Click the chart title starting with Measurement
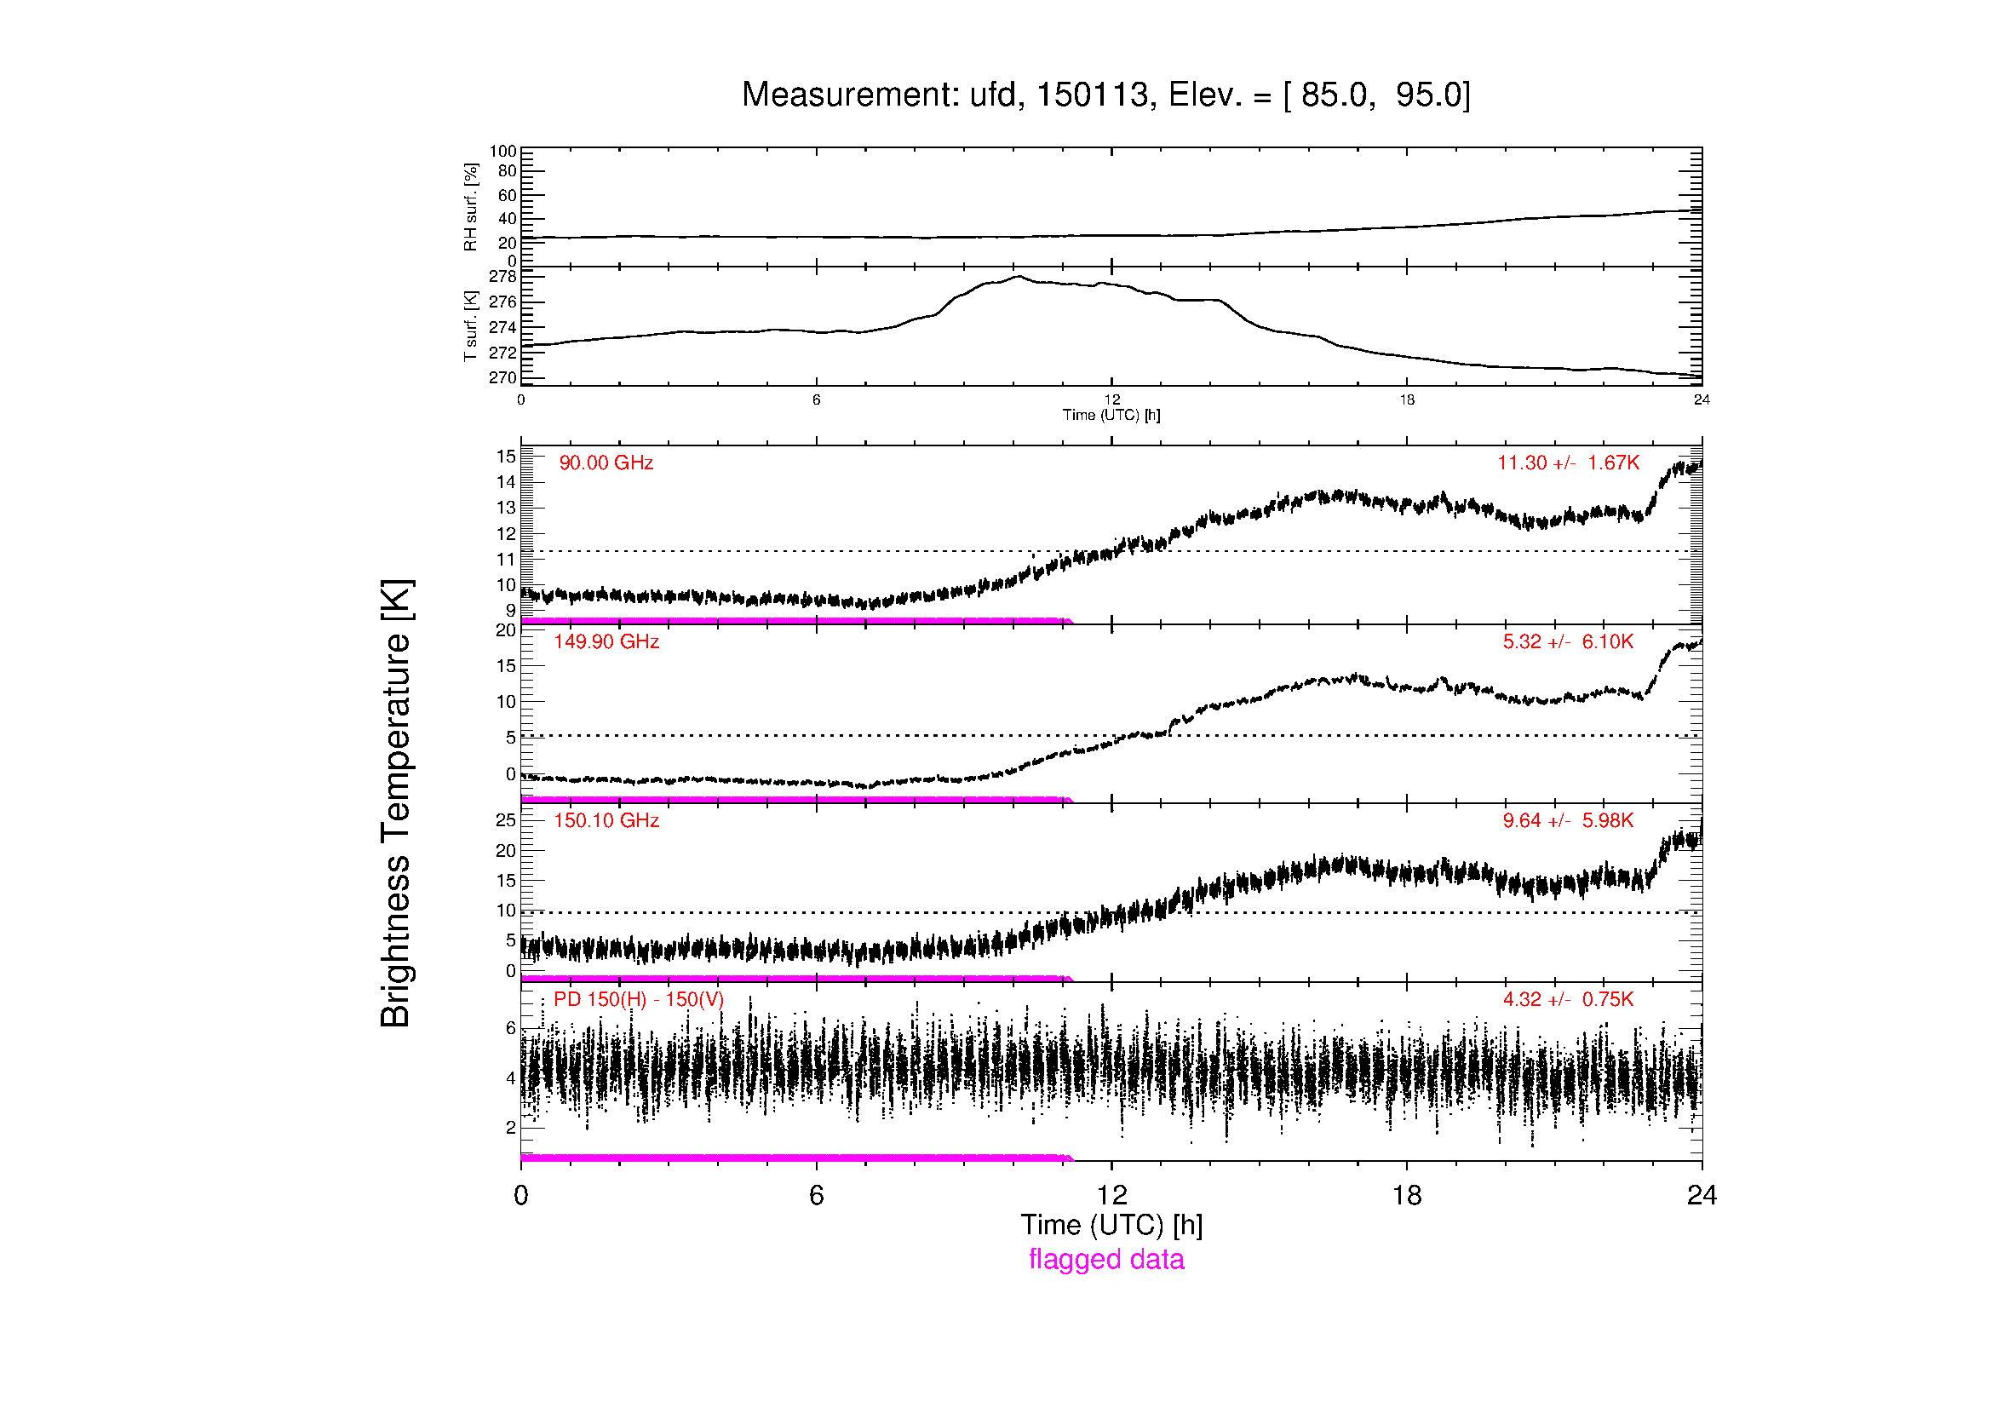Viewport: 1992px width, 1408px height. [x=1106, y=95]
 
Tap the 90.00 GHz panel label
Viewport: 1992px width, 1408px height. [x=606, y=463]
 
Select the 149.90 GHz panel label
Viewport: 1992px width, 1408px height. [x=606, y=642]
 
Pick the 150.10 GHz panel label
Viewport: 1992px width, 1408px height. [x=606, y=820]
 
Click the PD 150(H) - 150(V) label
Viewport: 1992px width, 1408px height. [x=639, y=999]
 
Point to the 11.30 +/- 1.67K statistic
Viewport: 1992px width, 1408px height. [x=1569, y=463]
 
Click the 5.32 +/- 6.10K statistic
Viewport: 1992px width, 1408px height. [x=1569, y=642]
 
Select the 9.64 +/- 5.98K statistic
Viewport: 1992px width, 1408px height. [x=1569, y=820]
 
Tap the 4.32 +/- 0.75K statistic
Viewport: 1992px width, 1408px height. [x=1569, y=999]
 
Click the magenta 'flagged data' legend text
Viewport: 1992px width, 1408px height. [x=1106, y=1260]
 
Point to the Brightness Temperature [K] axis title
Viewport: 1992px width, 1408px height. [x=397, y=803]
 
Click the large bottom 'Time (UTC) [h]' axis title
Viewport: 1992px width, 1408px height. [x=1111, y=1225]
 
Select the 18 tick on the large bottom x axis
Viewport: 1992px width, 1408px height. [x=1406, y=1195]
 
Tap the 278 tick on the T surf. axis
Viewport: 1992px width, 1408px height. [x=502, y=277]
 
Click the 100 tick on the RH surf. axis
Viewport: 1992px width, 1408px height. [x=502, y=152]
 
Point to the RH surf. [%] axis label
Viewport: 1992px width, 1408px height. [x=471, y=206]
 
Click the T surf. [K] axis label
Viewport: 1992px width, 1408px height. [x=471, y=326]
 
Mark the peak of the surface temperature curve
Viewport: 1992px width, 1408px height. [x=1019, y=277]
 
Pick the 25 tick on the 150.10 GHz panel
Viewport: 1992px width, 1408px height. [x=505, y=819]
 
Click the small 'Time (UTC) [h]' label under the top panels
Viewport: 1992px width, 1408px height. [x=1111, y=415]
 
